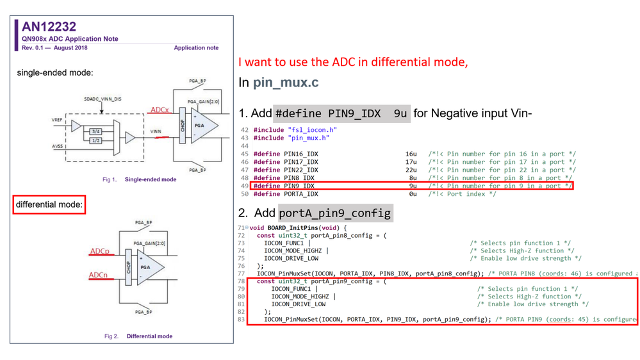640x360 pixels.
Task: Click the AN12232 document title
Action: tap(49, 27)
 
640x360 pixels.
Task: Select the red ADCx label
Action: tap(159, 110)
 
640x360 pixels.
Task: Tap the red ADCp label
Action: tap(99, 252)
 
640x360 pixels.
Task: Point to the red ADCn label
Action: tap(98, 275)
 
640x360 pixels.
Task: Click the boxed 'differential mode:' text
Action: tap(49, 205)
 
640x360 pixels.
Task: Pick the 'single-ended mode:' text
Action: tap(55, 73)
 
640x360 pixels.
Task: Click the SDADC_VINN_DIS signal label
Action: tap(103, 99)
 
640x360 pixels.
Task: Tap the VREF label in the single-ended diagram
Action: tap(57, 120)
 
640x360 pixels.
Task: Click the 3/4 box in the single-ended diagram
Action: tap(95, 131)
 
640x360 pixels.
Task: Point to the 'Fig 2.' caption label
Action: tap(111, 336)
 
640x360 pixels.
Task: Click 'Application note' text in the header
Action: tap(196, 48)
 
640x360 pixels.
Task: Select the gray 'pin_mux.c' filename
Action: tap(286, 83)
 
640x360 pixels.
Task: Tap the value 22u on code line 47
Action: tap(411, 170)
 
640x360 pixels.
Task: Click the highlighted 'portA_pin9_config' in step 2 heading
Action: tap(334, 213)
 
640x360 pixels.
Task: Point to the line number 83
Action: tap(242, 319)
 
